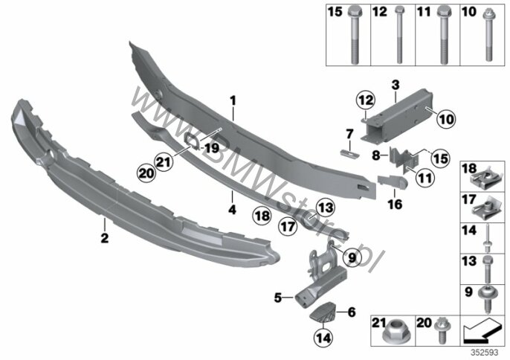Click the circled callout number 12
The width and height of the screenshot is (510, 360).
(366, 100)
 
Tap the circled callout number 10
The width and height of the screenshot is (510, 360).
(446, 119)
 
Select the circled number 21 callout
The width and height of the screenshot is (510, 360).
(164, 161)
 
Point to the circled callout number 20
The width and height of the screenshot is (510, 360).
(146, 173)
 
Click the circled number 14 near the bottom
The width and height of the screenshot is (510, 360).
(323, 338)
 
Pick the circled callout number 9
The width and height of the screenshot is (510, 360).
(352, 258)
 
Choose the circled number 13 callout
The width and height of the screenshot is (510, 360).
(326, 207)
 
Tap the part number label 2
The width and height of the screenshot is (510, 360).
(104, 238)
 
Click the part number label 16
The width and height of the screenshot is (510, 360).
(395, 204)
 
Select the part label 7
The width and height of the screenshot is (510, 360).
(349, 133)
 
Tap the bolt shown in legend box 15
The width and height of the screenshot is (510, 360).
(354, 35)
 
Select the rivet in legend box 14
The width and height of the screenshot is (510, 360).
(487, 240)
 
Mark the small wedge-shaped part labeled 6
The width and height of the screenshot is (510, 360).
(323, 313)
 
